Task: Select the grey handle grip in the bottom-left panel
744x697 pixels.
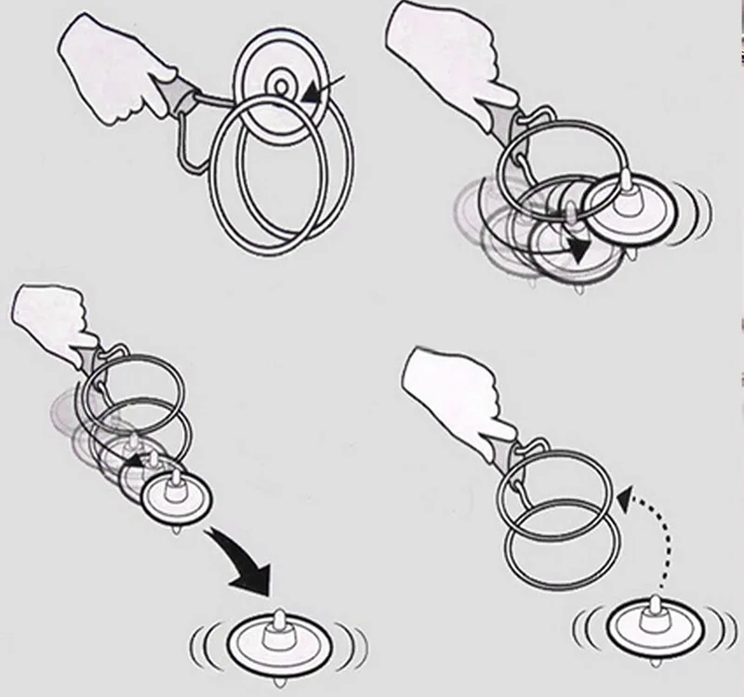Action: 94,357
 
